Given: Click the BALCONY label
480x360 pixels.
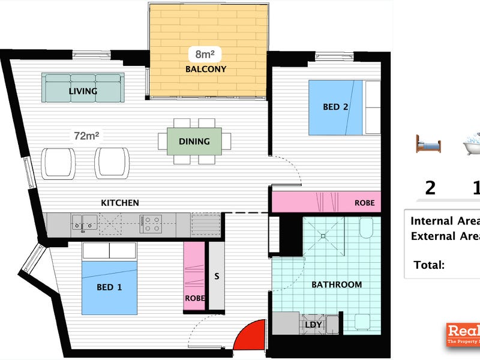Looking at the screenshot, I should point(206,69).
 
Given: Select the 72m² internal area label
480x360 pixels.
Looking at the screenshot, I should point(86,136).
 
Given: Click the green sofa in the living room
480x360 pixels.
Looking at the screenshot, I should point(83,88).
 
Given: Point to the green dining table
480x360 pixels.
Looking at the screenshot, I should point(194,142).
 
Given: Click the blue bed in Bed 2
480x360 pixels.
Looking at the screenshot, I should point(336,108).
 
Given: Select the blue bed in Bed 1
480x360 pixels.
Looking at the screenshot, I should point(109,287).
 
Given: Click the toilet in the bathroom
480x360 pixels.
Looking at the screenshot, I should point(367,229).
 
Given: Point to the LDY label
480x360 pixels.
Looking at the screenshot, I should point(314,325).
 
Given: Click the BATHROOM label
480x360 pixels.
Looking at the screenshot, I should point(337,284).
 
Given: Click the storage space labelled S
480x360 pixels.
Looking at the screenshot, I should point(216,277).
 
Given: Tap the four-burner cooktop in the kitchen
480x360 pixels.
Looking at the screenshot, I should point(151,224).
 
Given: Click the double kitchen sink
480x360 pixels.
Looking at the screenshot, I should point(83,223).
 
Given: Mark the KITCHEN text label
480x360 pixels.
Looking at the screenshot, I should point(120,203).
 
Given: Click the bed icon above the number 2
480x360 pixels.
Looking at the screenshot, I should point(428,144).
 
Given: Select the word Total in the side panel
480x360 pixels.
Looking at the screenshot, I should point(429,265).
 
